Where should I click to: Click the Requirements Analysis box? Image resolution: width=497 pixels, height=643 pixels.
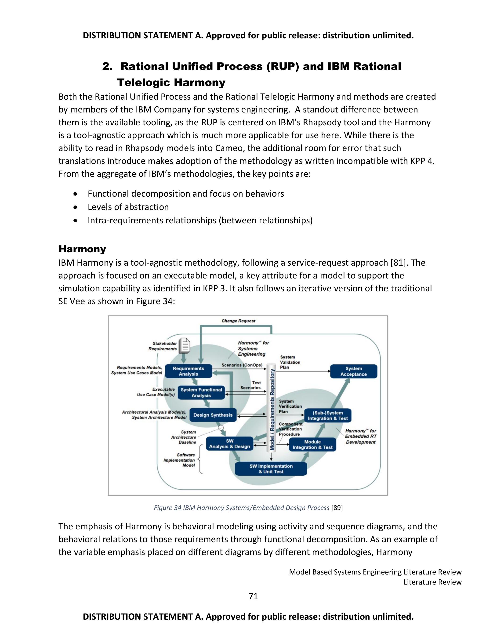(x=189, y=371)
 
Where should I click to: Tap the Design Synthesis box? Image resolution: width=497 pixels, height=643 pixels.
(x=213, y=415)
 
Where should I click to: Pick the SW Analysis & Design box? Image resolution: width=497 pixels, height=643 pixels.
(x=229, y=444)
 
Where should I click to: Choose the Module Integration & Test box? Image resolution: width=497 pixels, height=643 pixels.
(x=312, y=444)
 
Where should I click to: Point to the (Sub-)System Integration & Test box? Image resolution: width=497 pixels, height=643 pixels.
(x=328, y=415)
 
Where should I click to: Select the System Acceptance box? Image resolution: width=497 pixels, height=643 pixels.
(x=353, y=371)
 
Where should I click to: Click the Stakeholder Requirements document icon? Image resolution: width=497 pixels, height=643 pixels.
(x=185, y=345)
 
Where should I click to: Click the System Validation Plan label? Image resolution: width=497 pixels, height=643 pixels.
(x=290, y=362)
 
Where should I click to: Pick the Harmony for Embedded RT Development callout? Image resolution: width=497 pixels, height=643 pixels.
(x=360, y=436)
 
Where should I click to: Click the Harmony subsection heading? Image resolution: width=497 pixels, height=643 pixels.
(x=82, y=249)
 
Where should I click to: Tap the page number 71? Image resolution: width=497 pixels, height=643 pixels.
(x=253, y=596)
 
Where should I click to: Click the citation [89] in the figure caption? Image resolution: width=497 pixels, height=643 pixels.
(x=337, y=508)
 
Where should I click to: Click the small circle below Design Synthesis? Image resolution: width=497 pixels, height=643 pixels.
(x=221, y=428)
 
